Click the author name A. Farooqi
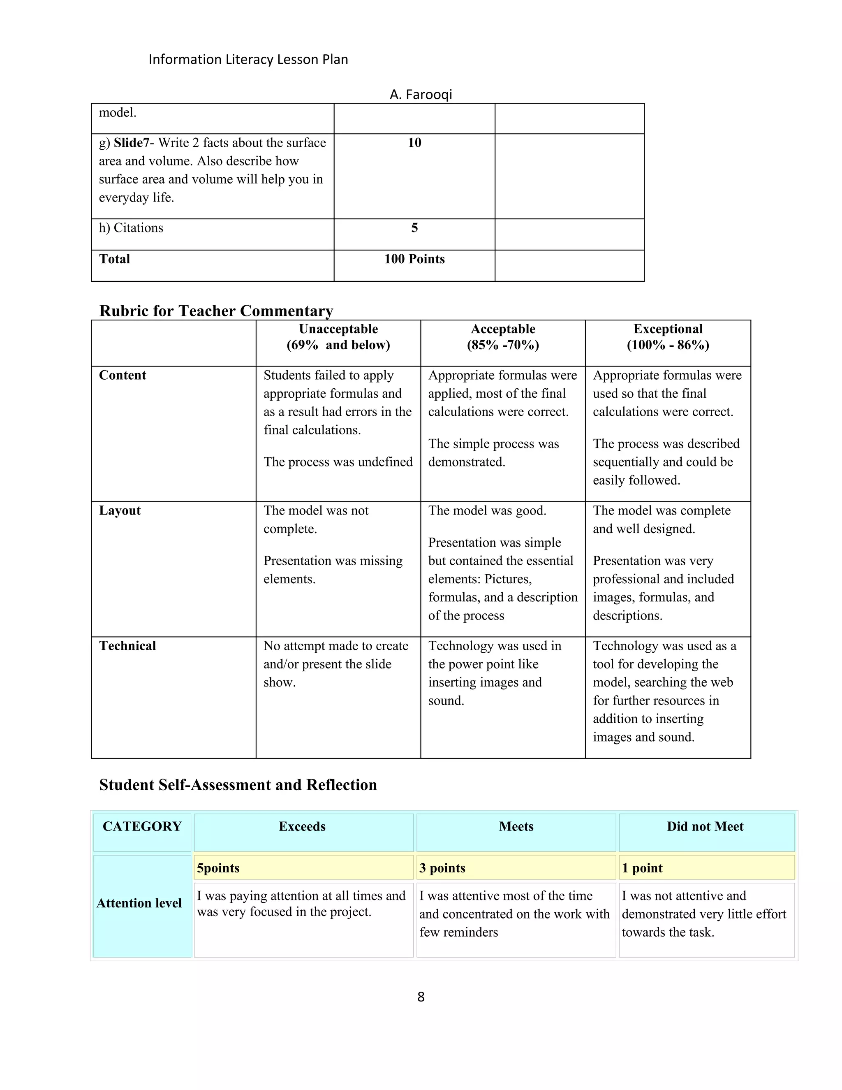421,94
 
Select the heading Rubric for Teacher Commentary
216,311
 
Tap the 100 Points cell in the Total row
414,259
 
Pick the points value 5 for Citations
414,228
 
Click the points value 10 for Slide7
414,143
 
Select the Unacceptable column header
338,337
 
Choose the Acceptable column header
503,337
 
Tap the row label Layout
120,510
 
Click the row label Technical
127,646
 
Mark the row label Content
122,375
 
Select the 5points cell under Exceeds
218,868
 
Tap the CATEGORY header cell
142,826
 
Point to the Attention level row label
139,903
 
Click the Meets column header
516,826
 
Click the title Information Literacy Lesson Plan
248,59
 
